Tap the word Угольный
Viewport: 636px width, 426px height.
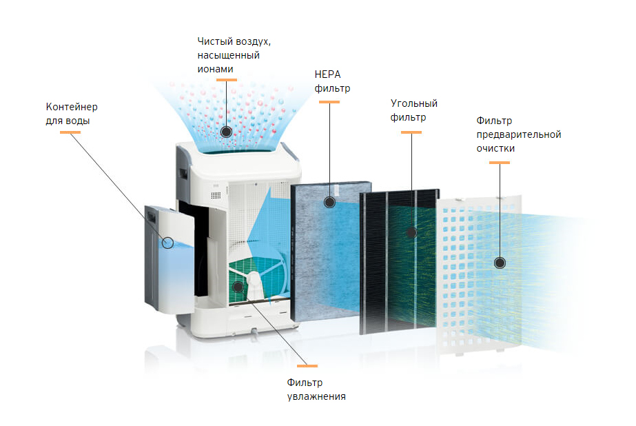pyautogui.click(x=414, y=103)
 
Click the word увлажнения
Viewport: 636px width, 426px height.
pyautogui.click(x=316, y=396)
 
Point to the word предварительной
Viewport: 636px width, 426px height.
pyautogui.click(x=519, y=134)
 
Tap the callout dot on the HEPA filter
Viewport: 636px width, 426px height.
pyautogui.click(x=329, y=202)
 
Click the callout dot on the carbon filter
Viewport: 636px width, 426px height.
pyautogui.click(x=411, y=233)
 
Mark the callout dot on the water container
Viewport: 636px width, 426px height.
pyautogui.click(x=168, y=242)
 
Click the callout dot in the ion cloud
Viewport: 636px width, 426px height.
pyautogui.click(x=226, y=132)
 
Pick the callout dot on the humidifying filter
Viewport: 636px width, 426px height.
pyautogui.click(x=237, y=286)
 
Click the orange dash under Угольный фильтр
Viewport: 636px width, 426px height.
pyautogui.click(x=411, y=133)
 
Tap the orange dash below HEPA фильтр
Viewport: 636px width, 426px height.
pyautogui.click(x=329, y=103)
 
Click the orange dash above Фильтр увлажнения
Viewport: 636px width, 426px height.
pyautogui.click(x=307, y=365)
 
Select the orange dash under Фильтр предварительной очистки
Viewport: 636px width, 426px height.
pyautogui.click(x=500, y=163)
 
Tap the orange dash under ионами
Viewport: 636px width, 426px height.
pyautogui.click(x=226, y=80)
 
